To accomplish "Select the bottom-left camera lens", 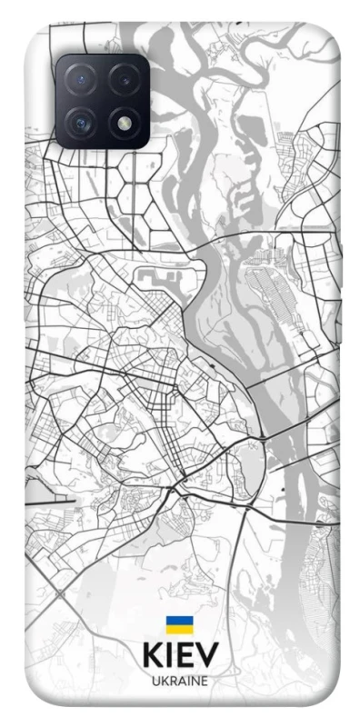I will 80,122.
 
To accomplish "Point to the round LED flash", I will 124,122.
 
